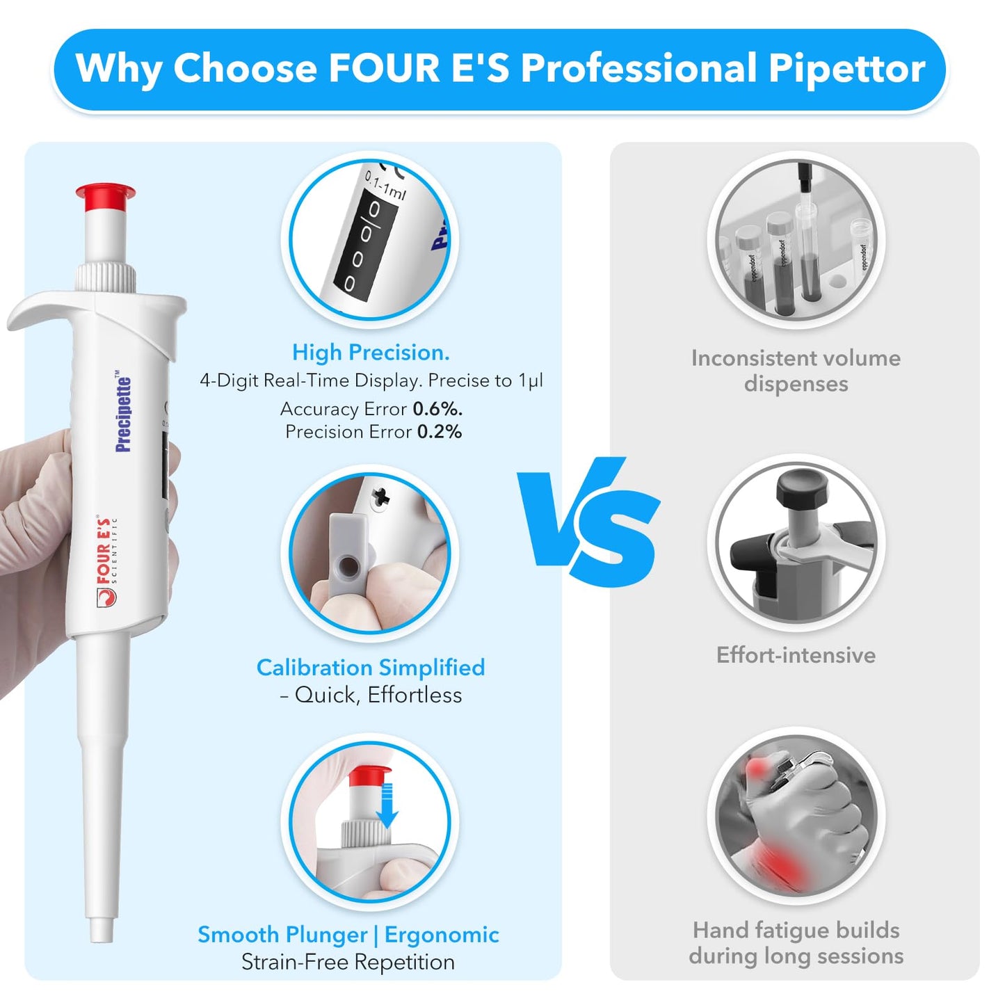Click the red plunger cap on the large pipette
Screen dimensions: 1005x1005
pyautogui.click(x=105, y=198)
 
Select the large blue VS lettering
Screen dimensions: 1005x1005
pyautogui.click(x=588, y=521)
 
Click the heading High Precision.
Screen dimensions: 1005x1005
pyautogui.click(x=371, y=353)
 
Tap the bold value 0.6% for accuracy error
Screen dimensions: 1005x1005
pyautogui.click(x=437, y=409)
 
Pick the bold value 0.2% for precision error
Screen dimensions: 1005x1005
pyautogui.click(x=440, y=432)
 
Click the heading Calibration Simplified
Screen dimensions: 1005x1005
pyautogui.click(x=371, y=668)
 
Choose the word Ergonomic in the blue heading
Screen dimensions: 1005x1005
pyautogui.click(x=442, y=935)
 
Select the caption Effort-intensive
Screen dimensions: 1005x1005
pyautogui.click(x=796, y=655)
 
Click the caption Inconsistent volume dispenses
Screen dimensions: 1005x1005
pyautogui.click(x=796, y=371)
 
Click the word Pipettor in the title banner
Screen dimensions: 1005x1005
pyautogui.click(x=846, y=68)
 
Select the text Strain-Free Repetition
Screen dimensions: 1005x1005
pyautogui.click(x=348, y=963)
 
